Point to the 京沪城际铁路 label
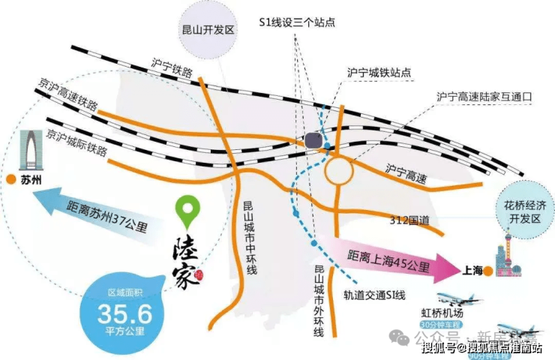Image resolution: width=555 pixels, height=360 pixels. (x=75, y=143)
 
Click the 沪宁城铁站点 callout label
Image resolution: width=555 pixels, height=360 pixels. (x=379, y=73)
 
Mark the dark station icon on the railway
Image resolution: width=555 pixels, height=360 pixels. (x=314, y=139)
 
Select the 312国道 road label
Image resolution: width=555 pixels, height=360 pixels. (x=410, y=220)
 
